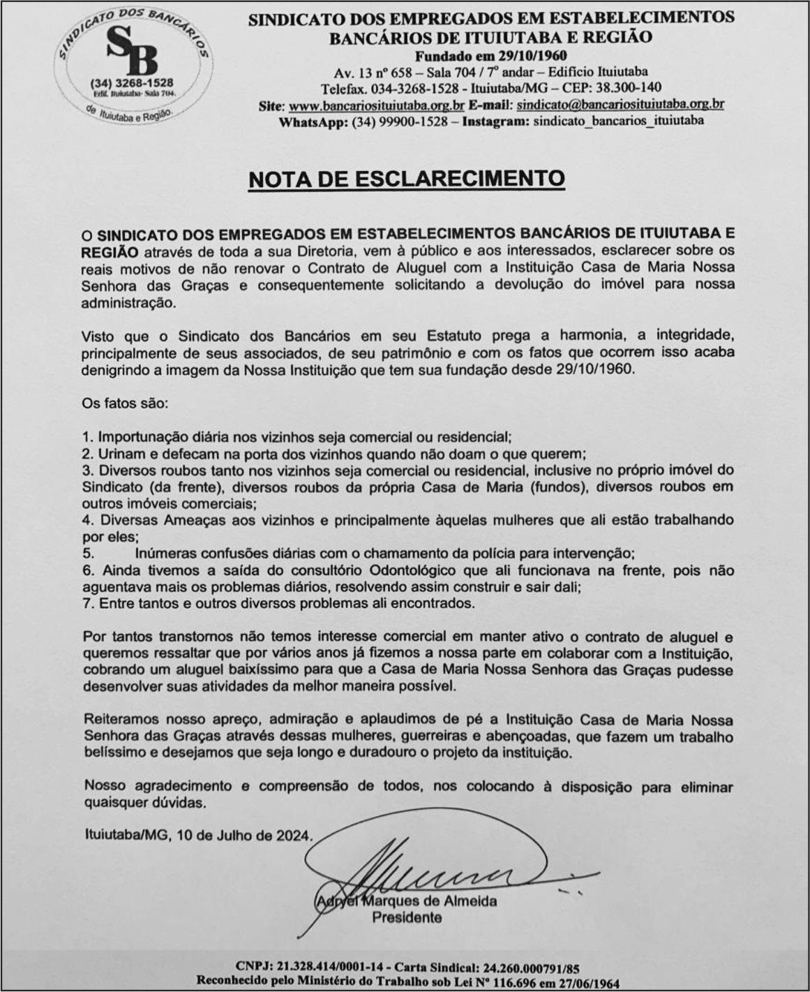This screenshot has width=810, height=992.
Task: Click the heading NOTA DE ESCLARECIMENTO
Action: click(x=406, y=179)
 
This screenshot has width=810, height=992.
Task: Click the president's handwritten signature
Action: click(x=433, y=873)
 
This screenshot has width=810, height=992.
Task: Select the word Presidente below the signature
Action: click(x=407, y=917)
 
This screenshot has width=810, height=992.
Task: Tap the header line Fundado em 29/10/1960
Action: click(x=490, y=56)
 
